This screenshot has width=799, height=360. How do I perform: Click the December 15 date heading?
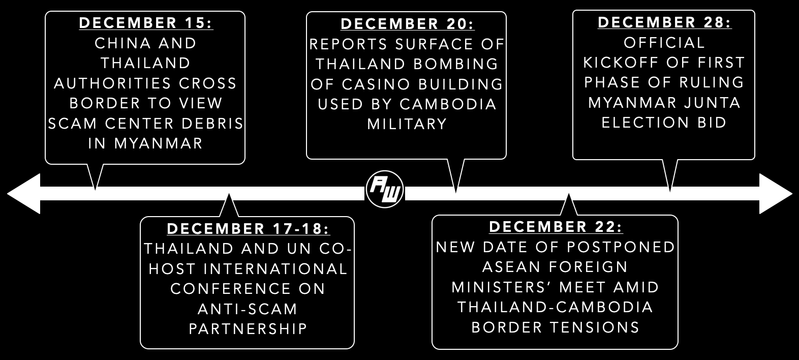146,23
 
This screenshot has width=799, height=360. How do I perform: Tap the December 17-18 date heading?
248,229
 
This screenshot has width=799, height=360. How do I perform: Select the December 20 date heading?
407,24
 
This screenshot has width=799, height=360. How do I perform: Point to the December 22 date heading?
556,227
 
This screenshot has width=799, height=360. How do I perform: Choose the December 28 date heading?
664,22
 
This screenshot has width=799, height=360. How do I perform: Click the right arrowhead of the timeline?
776,194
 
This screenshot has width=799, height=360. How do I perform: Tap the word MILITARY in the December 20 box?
407,124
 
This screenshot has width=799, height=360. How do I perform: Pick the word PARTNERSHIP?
248,328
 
